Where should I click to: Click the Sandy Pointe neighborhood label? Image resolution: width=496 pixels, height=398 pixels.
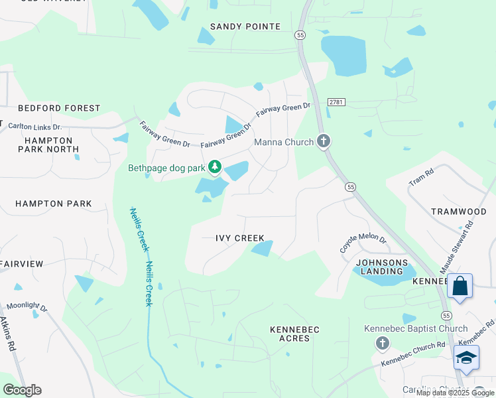[x=245, y=27]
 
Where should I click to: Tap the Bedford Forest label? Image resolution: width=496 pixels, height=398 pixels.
[x=59, y=108]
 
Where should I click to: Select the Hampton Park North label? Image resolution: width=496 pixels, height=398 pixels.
[x=48, y=145]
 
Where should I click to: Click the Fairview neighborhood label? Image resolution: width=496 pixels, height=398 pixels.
[x=22, y=264]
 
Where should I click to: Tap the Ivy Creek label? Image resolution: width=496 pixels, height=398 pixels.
[x=240, y=238]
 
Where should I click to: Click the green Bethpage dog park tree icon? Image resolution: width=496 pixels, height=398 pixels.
[x=215, y=167]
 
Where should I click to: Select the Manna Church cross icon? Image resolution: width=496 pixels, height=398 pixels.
[x=323, y=141]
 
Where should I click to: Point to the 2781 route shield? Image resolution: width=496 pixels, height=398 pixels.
[x=336, y=101]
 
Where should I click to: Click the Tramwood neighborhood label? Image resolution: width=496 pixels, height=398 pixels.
[x=459, y=212]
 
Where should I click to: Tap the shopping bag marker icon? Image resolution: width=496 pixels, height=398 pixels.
[x=460, y=287]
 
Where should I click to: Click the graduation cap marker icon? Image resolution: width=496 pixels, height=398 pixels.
[x=466, y=358]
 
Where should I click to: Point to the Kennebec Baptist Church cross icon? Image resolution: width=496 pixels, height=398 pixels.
[x=382, y=343]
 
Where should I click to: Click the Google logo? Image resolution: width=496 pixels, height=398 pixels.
[x=22, y=390]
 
